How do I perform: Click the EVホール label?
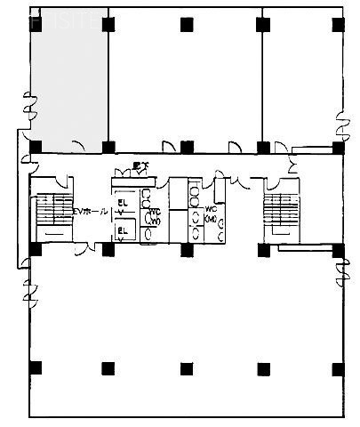point(91,212)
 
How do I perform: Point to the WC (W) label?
point(153,216)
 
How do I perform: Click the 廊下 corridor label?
point(140,165)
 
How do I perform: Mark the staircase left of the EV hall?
point(52,212)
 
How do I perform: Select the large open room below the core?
point(185,329)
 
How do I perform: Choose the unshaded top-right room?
point(302,80)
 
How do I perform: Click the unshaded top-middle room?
point(185,80)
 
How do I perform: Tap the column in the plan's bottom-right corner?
point(337,368)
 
